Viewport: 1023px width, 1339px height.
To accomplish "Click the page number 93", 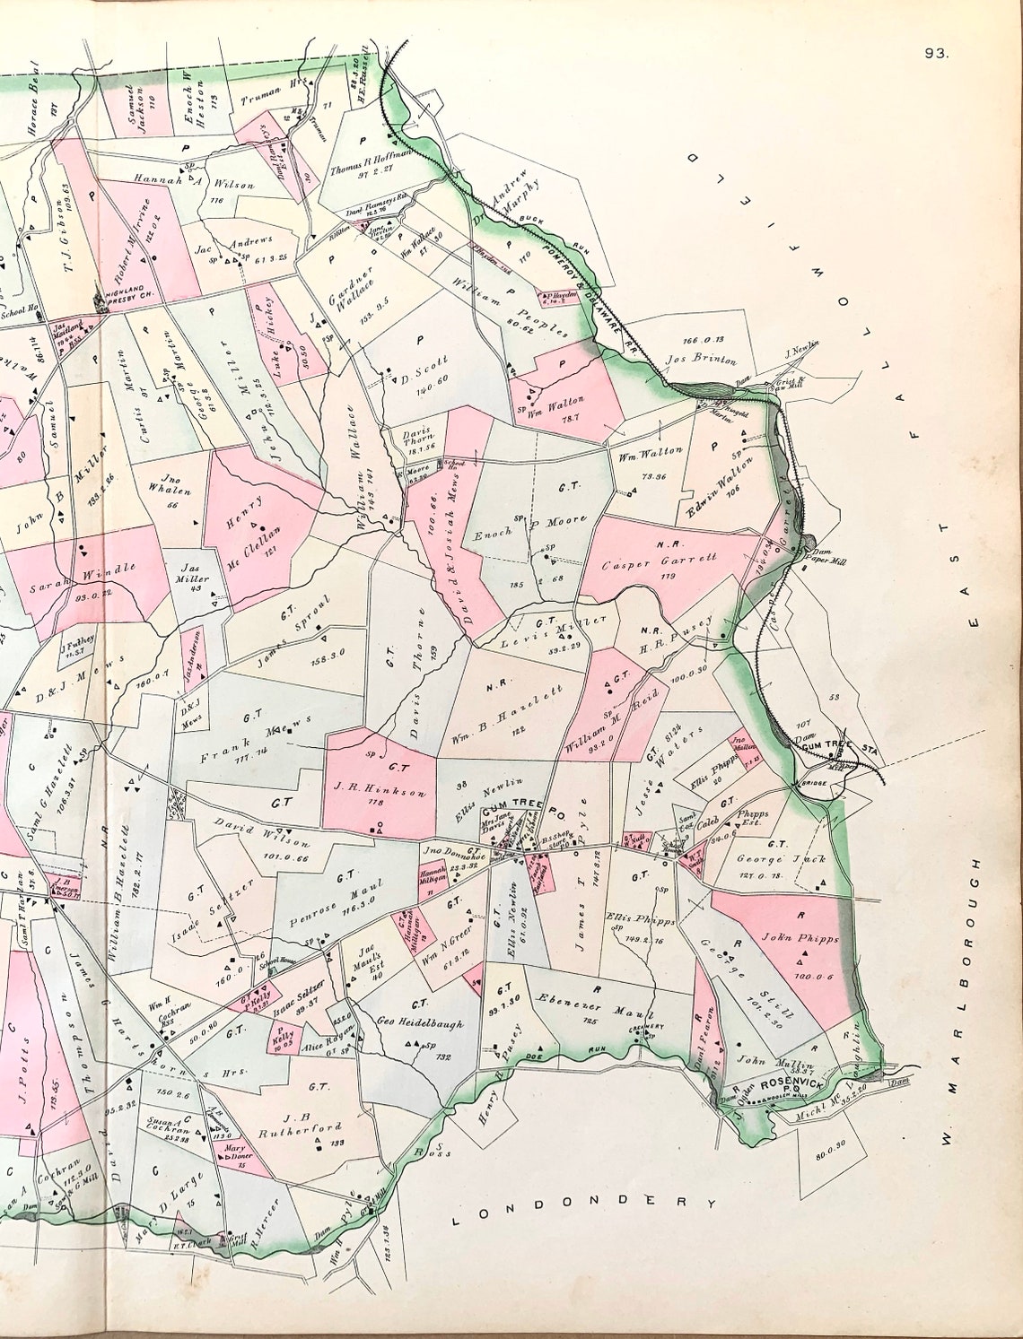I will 937,52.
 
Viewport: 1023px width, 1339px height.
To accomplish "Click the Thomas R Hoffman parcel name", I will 370,168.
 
